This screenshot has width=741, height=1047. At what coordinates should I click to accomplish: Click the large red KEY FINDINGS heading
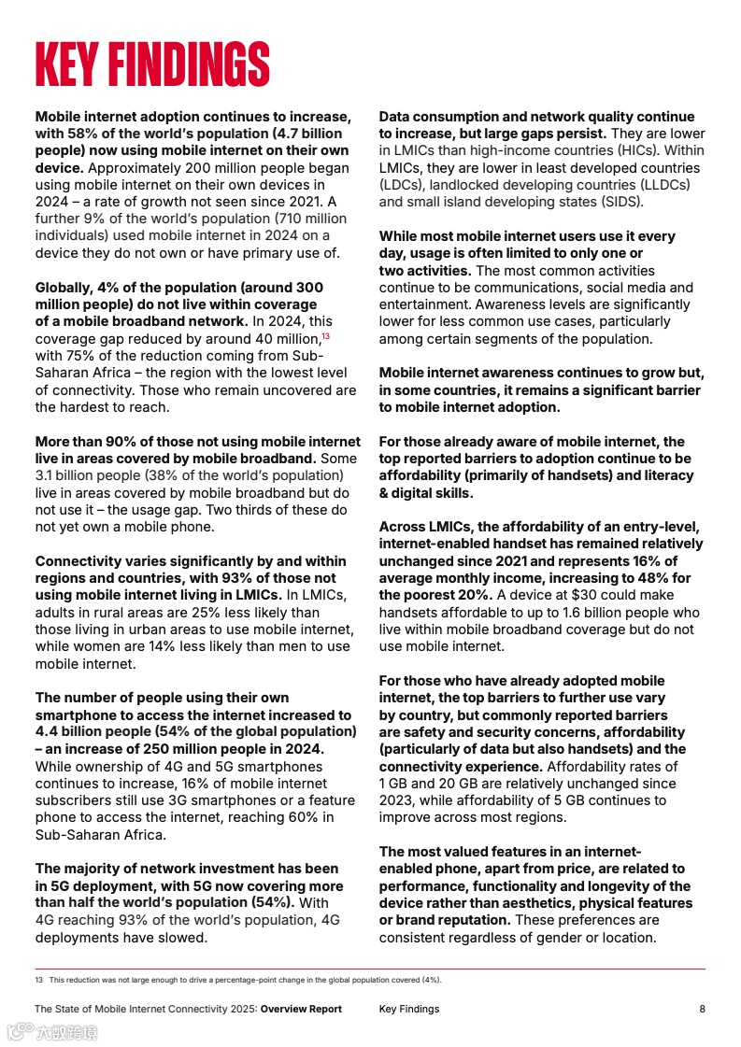[152, 64]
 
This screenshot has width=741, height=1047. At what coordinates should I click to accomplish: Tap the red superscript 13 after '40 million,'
[325, 336]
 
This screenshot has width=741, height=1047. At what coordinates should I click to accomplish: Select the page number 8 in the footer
[702, 1009]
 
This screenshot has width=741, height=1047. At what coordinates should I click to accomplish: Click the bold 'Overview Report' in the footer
[301, 1009]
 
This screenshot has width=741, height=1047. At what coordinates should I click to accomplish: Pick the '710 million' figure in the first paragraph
[306, 219]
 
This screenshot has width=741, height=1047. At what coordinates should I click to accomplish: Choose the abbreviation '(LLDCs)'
[658, 185]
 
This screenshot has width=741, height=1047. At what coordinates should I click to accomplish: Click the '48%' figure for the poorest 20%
[635, 578]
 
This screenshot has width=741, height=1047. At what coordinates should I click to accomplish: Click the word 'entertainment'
[424, 304]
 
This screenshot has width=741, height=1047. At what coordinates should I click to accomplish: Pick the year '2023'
[397, 800]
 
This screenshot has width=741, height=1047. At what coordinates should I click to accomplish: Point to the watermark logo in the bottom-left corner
[51, 1032]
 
